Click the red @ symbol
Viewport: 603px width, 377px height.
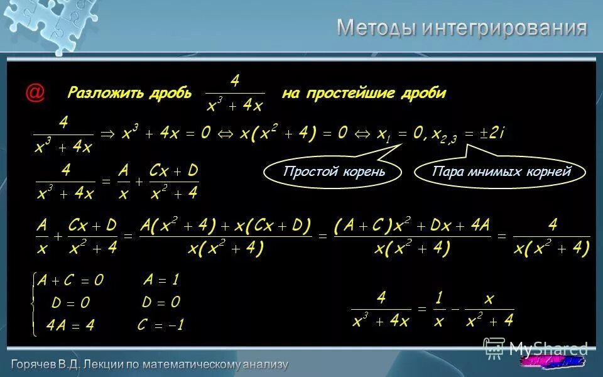coord(35,92)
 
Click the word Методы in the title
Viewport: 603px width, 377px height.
coord(376,28)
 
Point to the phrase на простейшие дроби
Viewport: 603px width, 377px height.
coord(364,93)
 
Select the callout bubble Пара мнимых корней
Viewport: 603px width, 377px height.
coord(501,172)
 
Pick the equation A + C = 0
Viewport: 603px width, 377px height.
coord(70,281)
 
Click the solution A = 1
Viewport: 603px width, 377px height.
coord(161,280)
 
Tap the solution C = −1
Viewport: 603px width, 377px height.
coord(161,325)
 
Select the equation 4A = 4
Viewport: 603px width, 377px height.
coord(70,325)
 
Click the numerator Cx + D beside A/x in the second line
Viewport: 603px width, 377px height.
coord(173,171)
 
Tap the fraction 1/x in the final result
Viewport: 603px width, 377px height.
coord(439,310)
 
